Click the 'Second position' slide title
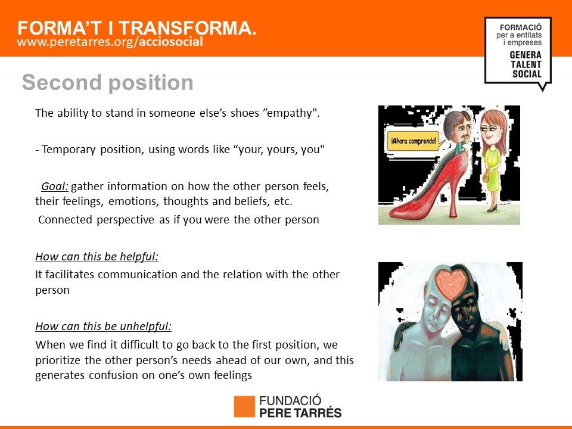[108, 83]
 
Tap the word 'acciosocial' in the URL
[171, 42]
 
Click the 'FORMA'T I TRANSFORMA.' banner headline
[137, 28]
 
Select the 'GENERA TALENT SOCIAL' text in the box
[526, 64]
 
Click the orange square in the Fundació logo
[244, 406]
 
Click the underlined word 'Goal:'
[55, 186]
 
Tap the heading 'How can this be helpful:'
[97, 257]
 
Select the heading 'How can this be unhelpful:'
[103, 326]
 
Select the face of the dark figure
[464, 314]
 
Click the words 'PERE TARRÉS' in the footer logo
[300, 413]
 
